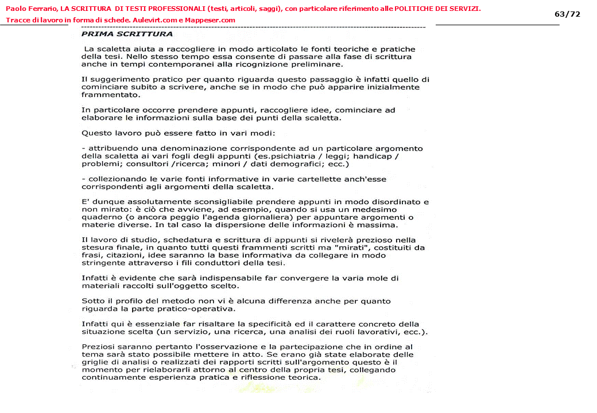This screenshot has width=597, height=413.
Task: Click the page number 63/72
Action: pyautogui.click(x=567, y=14)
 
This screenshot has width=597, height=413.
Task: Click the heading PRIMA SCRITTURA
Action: pyautogui.click(x=127, y=34)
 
